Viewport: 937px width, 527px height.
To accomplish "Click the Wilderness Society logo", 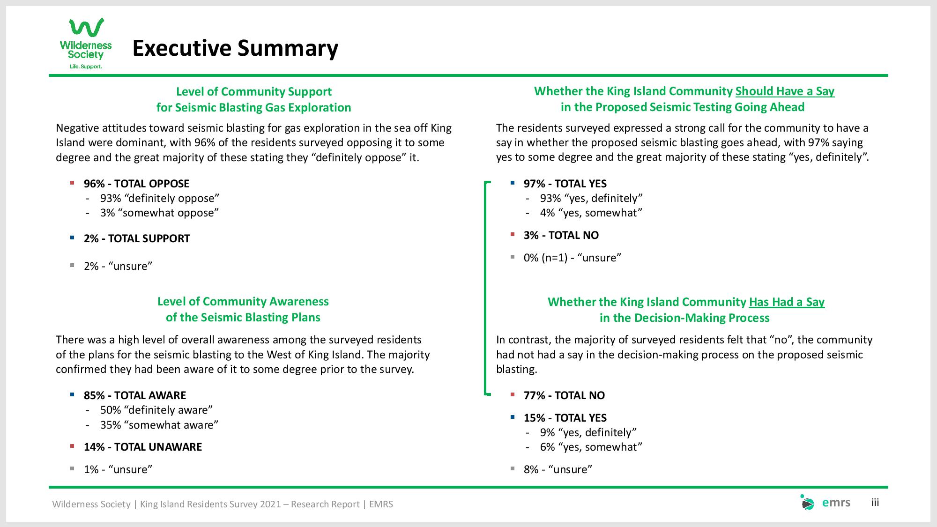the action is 86,44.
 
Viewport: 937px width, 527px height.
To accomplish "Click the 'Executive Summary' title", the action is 235,48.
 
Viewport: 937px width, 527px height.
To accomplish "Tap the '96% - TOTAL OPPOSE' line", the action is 136,184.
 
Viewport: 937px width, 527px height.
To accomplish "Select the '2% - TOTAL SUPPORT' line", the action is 137,238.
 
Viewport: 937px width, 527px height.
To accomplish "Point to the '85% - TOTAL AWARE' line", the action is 135,395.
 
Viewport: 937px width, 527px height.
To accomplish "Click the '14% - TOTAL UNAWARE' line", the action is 143,447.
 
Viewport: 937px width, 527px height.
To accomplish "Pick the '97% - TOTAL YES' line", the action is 565,184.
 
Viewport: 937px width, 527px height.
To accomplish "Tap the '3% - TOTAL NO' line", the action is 561,235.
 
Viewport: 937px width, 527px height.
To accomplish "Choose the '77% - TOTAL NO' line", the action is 564,395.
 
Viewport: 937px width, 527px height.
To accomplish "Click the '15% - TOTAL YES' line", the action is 565,418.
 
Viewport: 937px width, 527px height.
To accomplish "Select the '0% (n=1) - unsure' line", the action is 573,258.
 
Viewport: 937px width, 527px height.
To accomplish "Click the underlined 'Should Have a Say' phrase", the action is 785,91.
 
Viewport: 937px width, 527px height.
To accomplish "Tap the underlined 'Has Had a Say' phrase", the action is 787,302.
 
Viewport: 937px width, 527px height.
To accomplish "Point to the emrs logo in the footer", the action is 825,503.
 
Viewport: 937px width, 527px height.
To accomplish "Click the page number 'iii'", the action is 875,503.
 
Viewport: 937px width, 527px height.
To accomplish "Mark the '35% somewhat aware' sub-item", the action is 159,425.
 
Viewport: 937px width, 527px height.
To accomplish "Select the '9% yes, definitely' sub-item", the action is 588,432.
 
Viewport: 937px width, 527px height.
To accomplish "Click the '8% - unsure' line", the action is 558,469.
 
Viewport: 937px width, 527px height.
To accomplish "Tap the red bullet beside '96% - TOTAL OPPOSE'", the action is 72,183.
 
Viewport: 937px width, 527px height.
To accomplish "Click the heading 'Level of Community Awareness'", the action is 243,302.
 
